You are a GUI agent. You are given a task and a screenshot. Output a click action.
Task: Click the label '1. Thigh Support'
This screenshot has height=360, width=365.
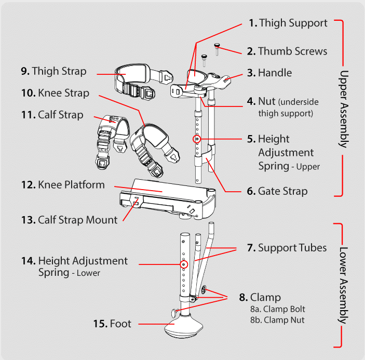pyautogui.click(x=288, y=23)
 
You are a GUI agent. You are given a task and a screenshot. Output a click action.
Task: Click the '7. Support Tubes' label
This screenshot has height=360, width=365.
pyautogui.click(x=287, y=248)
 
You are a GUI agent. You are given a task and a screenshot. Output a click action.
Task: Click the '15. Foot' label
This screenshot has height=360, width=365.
pyautogui.click(x=112, y=324)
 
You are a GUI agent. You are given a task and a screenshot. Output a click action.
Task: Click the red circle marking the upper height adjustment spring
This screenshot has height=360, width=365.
pyautogui.click(x=197, y=139)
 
